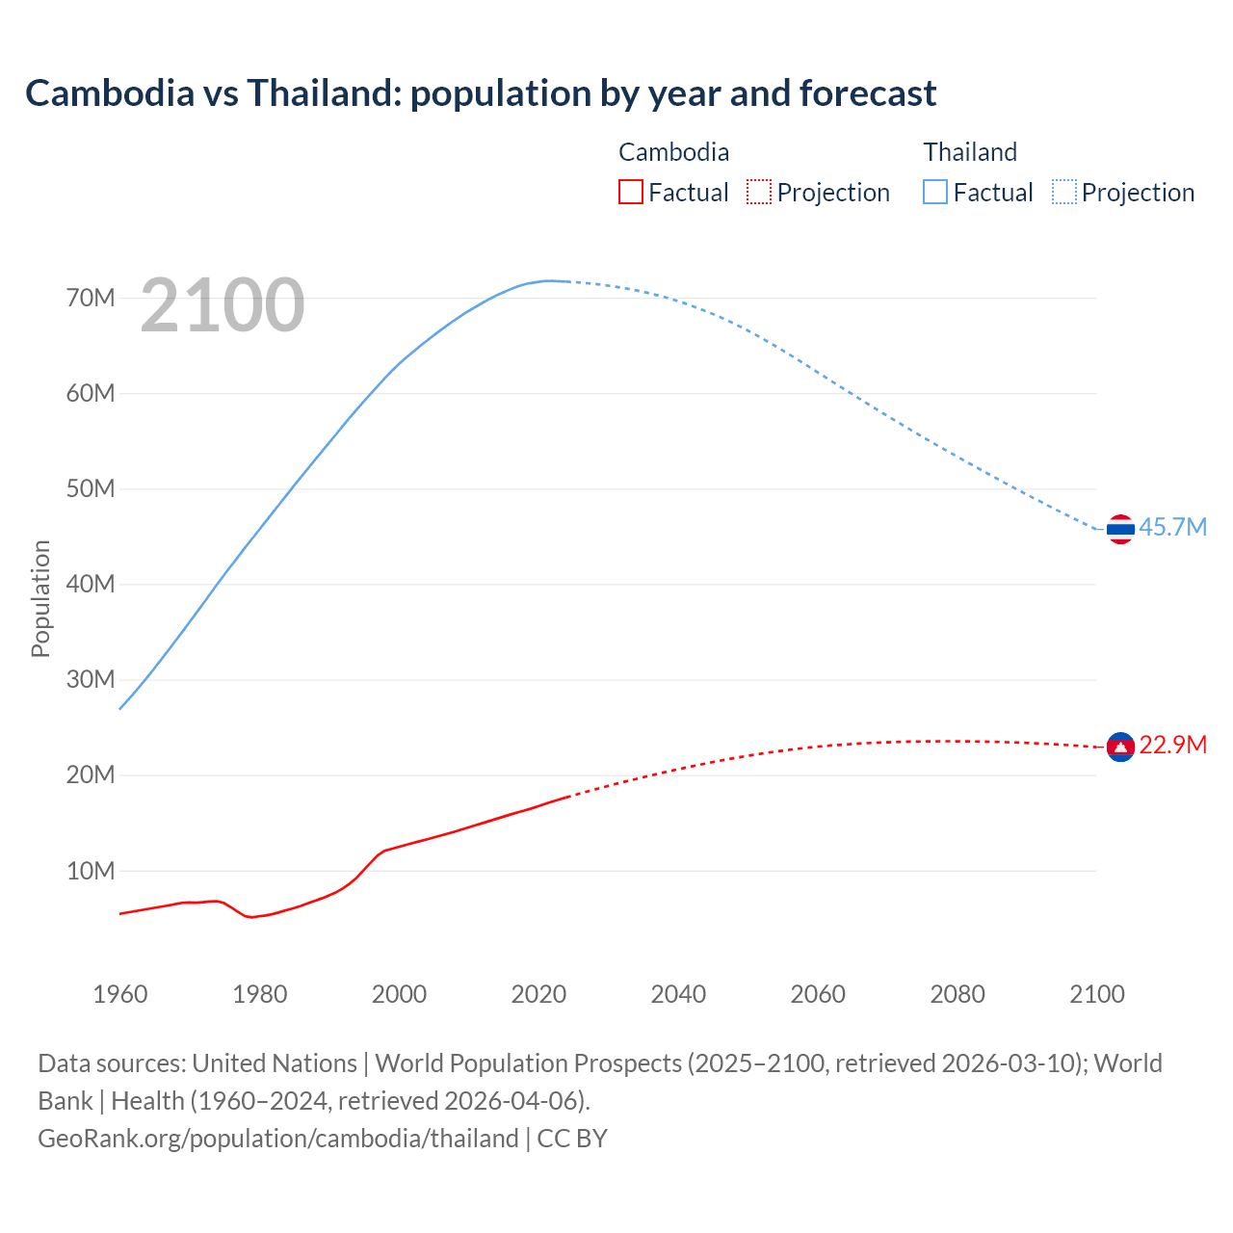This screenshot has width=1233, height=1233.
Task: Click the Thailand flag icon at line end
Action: [1120, 529]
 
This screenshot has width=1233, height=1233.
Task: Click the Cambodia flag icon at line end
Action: [1120, 747]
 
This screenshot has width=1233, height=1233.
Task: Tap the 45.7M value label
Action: [1172, 528]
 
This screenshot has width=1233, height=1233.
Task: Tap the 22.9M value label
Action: [1172, 746]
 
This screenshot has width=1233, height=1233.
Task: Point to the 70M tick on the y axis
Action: [91, 299]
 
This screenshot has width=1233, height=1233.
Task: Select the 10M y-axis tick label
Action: [91, 872]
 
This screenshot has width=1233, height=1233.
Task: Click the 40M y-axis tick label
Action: [91, 585]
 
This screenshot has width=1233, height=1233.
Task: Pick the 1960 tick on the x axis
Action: [120, 994]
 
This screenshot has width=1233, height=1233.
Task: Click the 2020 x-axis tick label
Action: [538, 994]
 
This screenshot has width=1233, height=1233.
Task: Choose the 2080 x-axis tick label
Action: [958, 994]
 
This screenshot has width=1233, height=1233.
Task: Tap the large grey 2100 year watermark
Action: [223, 305]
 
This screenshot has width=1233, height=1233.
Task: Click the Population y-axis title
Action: [40, 598]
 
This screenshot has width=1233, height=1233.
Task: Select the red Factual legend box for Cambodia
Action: [630, 193]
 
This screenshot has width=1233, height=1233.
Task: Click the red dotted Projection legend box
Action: [759, 193]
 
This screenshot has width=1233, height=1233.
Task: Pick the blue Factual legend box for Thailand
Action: [935, 193]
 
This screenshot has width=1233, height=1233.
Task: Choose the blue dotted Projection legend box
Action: [1063, 193]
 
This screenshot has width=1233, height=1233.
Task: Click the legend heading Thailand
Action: [970, 152]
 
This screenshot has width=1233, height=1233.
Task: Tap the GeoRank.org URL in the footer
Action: [278, 1139]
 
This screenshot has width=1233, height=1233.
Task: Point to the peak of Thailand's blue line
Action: [549, 280]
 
